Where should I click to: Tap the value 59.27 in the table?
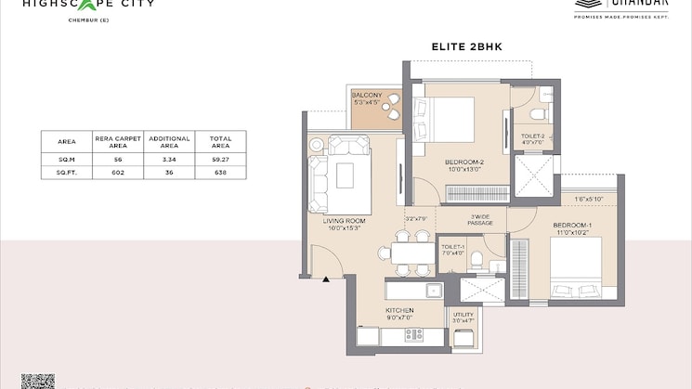(220, 160)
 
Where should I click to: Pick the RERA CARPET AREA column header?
(117, 142)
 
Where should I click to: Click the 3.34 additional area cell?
(169, 160)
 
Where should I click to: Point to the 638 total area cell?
(220, 173)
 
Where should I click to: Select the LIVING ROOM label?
(344, 222)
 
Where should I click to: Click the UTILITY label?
(463, 317)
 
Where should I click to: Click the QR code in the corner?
(38, 382)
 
